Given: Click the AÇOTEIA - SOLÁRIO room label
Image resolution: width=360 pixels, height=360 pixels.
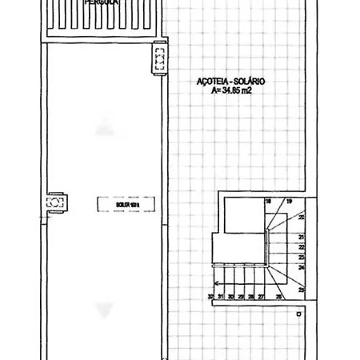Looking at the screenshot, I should coord(231,82).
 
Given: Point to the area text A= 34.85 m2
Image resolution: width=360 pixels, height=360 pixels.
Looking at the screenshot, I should coord(231,91).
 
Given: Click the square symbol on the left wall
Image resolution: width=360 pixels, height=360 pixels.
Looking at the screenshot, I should coord(55,203).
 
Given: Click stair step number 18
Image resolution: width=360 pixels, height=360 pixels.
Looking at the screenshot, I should coord(269,201).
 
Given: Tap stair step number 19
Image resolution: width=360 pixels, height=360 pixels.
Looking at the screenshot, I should coord(288,201).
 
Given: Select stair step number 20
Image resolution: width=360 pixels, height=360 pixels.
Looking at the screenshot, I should coord(301,217).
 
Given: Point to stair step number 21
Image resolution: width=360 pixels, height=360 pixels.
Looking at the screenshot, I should coord(301,238).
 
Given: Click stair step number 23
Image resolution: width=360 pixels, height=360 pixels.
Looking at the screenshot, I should coord(301,258).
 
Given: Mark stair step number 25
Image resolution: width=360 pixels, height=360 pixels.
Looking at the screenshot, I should coord(301,290).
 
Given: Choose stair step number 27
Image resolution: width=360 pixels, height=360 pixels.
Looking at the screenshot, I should coord(261,297).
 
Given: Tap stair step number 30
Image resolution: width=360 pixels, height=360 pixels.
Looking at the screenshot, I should coord(230,297).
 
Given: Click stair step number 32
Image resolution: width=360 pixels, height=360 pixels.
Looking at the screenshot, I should coord(210,297).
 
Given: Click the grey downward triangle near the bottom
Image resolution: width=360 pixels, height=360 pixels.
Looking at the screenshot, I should coord(102,310).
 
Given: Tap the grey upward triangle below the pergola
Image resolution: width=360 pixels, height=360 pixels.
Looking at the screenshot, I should coord(102,126).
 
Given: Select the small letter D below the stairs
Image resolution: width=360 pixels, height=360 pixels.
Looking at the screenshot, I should coord(297,315).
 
